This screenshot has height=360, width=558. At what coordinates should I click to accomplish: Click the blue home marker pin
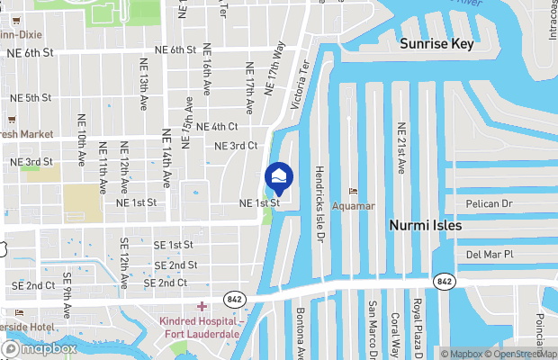(x=279, y=175)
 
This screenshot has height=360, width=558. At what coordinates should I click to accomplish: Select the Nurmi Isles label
(x=425, y=225)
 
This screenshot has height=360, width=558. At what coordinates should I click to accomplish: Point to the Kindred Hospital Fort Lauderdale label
(x=200, y=328)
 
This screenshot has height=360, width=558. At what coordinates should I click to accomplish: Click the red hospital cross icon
(x=202, y=307)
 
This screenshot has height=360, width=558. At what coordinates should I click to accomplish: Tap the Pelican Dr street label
(x=489, y=204)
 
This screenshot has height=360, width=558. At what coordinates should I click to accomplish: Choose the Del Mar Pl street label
(x=490, y=255)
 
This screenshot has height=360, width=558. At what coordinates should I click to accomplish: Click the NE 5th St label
(x=26, y=97)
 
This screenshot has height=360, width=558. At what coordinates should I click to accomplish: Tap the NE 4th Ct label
(x=216, y=127)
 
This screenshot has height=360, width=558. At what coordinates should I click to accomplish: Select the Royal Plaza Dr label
(x=417, y=326)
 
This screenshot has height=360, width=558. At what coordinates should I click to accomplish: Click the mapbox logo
(x=40, y=348)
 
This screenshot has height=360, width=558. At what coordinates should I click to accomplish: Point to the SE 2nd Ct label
(x=33, y=285)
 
